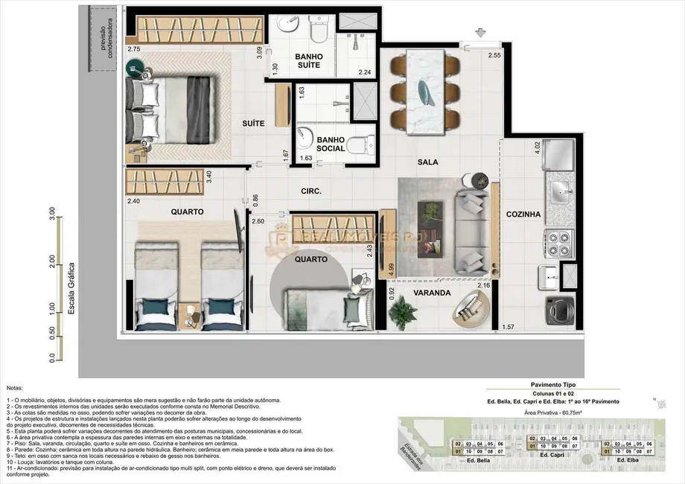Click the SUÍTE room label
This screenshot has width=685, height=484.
pyautogui.click(x=253, y=124)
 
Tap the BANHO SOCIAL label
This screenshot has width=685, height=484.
pyautogui.click(x=330, y=144)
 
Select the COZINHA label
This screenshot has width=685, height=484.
pyautogui.click(x=523, y=214)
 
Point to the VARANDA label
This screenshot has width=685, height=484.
pyautogui.click(x=433, y=293)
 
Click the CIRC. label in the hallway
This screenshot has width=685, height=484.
pyautogui.click(x=310, y=191)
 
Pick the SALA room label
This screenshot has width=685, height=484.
pyautogui.click(x=427, y=162)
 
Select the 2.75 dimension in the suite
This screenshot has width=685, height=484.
pyautogui.click(x=134, y=49)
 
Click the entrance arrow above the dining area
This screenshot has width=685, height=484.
pyautogui.click(x=480, y=33)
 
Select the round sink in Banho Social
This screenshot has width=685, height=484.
pyautogui.click(x=307, y=136)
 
